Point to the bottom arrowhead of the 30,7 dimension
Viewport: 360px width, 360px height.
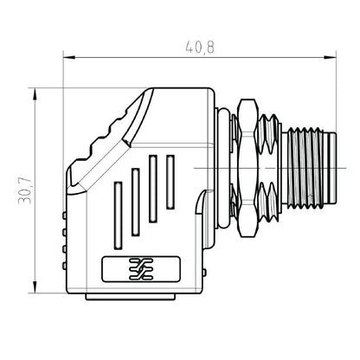coord(34,292)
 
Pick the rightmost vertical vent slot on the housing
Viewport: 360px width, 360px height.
coord(170,183)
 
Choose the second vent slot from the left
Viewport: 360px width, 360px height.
coord(136,201)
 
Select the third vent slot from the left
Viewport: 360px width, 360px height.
coord(153,188)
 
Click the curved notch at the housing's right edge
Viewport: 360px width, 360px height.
coord(201,201)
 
